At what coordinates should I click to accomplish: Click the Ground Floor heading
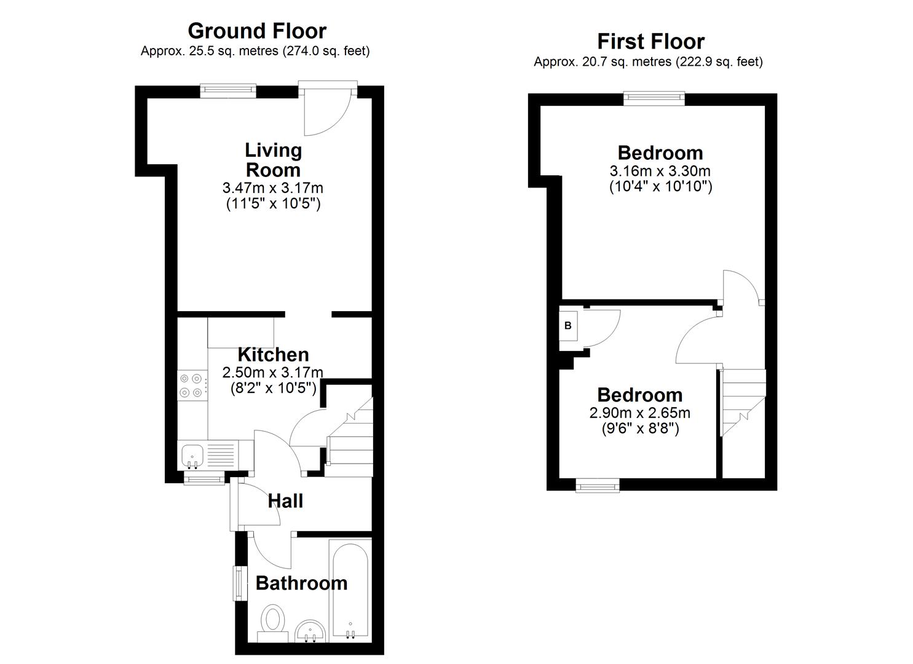[x=256, y=30]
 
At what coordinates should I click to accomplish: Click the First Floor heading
[x=650, y=41]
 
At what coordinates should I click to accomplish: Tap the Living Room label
[x=273, y=160]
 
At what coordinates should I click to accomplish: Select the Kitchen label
[x=273, y=354]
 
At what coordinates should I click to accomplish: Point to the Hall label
[x=285, y=501]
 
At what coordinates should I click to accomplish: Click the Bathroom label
[x=301, y=583]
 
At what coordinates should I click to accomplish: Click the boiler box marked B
[x=568, y=326]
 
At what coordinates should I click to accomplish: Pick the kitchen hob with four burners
[x=191, y=385]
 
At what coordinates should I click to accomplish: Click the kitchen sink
[x=193, y=456]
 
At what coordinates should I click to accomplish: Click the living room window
[x=228, y=90]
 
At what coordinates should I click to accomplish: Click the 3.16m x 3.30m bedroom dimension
[x=660, y=171]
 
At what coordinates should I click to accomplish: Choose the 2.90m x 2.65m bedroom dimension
[x=639, y=413]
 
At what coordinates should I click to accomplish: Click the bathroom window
[x=237, y=583]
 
